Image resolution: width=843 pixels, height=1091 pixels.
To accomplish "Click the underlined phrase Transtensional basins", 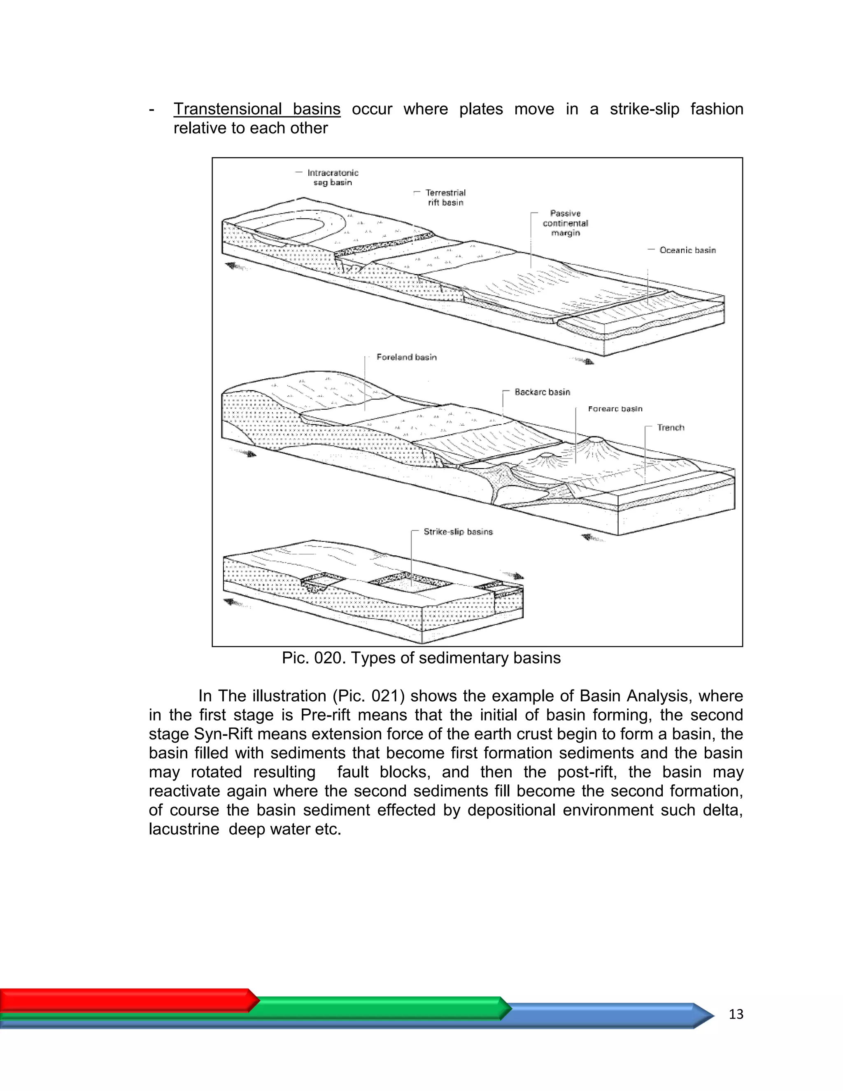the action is [257, 109].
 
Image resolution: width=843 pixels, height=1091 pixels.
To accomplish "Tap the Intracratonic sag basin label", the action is [333, 177].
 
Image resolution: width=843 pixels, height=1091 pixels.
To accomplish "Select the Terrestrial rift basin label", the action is [445, 197].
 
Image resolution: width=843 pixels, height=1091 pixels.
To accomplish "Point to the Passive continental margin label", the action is [565, 223].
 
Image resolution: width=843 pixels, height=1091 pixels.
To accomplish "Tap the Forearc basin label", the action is [615, 409].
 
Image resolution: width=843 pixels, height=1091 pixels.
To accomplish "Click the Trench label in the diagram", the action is [670, 428].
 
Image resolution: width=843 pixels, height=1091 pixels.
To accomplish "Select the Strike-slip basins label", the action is [458, 532].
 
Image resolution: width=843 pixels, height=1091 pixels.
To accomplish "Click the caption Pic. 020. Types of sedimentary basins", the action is [421, 658].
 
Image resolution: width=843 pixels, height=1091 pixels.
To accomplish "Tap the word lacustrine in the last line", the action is [184, 829].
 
